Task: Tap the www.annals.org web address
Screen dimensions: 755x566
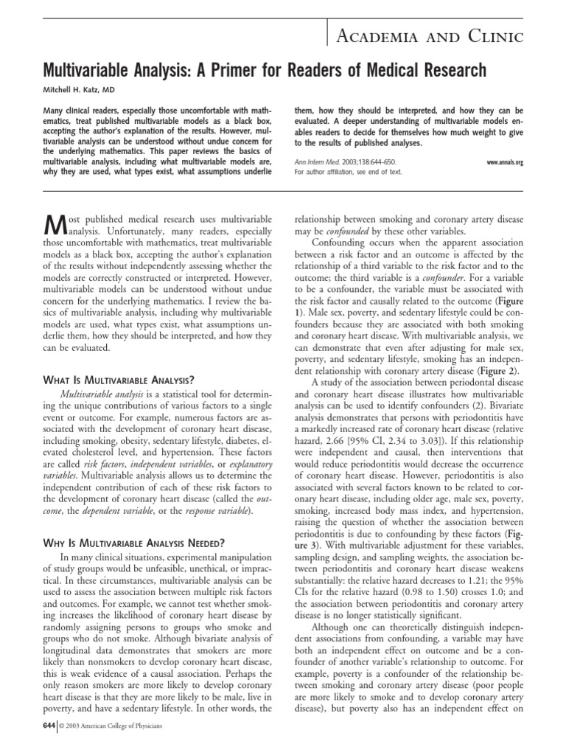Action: (505, 162)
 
